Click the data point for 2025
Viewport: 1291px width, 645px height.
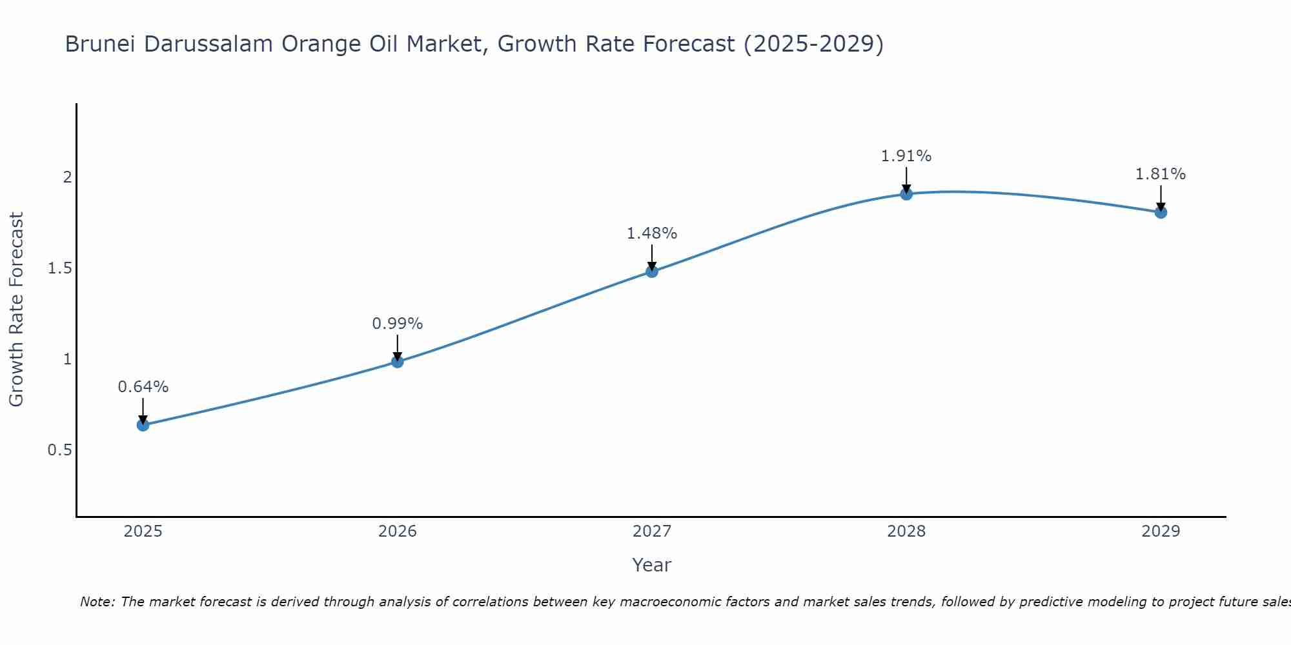pos(143,425)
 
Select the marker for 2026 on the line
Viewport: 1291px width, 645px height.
pos(398,362)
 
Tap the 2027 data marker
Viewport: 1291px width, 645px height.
pos(652,272)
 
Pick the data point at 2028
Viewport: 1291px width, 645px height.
pos(906,194)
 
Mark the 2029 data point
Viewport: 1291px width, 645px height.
pos(1161,212)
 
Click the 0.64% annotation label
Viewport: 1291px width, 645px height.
pos(143,387)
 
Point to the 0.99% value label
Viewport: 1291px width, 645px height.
pos(398,324)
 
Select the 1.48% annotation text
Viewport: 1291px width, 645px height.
pos(652,233)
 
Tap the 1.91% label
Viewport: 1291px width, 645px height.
pos(906,156)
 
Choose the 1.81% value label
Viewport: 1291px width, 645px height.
pos(1161,174)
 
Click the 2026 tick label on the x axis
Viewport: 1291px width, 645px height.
pos(398,531)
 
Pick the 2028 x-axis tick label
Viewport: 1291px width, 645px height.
pos(906,531)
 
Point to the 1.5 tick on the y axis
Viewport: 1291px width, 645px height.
pos(59,268)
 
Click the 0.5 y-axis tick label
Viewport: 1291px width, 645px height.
pos(59,450)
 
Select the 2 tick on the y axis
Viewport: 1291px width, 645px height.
pos(67,177)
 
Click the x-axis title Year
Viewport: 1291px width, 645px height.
pos(652,565)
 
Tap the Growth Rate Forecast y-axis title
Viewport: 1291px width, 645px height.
pos(17,310)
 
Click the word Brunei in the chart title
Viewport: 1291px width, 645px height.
pos(100,45)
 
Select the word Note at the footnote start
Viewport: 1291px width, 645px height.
pos(97,602)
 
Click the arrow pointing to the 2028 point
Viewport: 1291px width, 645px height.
pos(906,179)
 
